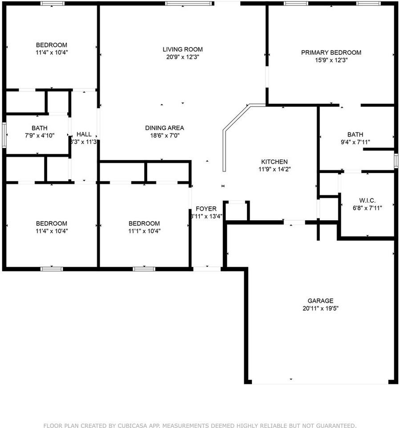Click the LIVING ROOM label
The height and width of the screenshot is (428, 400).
(x=182, y=49)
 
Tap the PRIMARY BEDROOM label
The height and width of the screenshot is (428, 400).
(x=331, y=53)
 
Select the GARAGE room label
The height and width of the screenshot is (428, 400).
(x=320, y=300)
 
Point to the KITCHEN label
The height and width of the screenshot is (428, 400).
(x=274, y=162)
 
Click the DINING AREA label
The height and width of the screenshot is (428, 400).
(x=165, y=128)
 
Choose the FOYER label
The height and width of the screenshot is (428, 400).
(x=206, y=209)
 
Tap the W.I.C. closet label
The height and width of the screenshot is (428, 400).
(x=367, y=200)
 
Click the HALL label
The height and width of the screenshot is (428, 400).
(x=84, y=134)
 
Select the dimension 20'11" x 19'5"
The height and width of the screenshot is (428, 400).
(x=320, y=308)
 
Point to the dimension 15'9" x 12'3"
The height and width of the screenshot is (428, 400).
(x=331, y=60)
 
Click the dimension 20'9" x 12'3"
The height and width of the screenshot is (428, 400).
(x=182, y=57)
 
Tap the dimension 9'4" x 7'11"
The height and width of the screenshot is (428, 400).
(x=355, y=142)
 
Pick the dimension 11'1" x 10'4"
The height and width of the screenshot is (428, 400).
(x=144, y=231)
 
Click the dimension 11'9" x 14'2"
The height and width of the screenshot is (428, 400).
(x=274, y=169)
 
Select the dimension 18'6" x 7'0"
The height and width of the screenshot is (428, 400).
(x=165, y=135)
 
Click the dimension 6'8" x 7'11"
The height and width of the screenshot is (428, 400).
(x=367, y=207)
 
